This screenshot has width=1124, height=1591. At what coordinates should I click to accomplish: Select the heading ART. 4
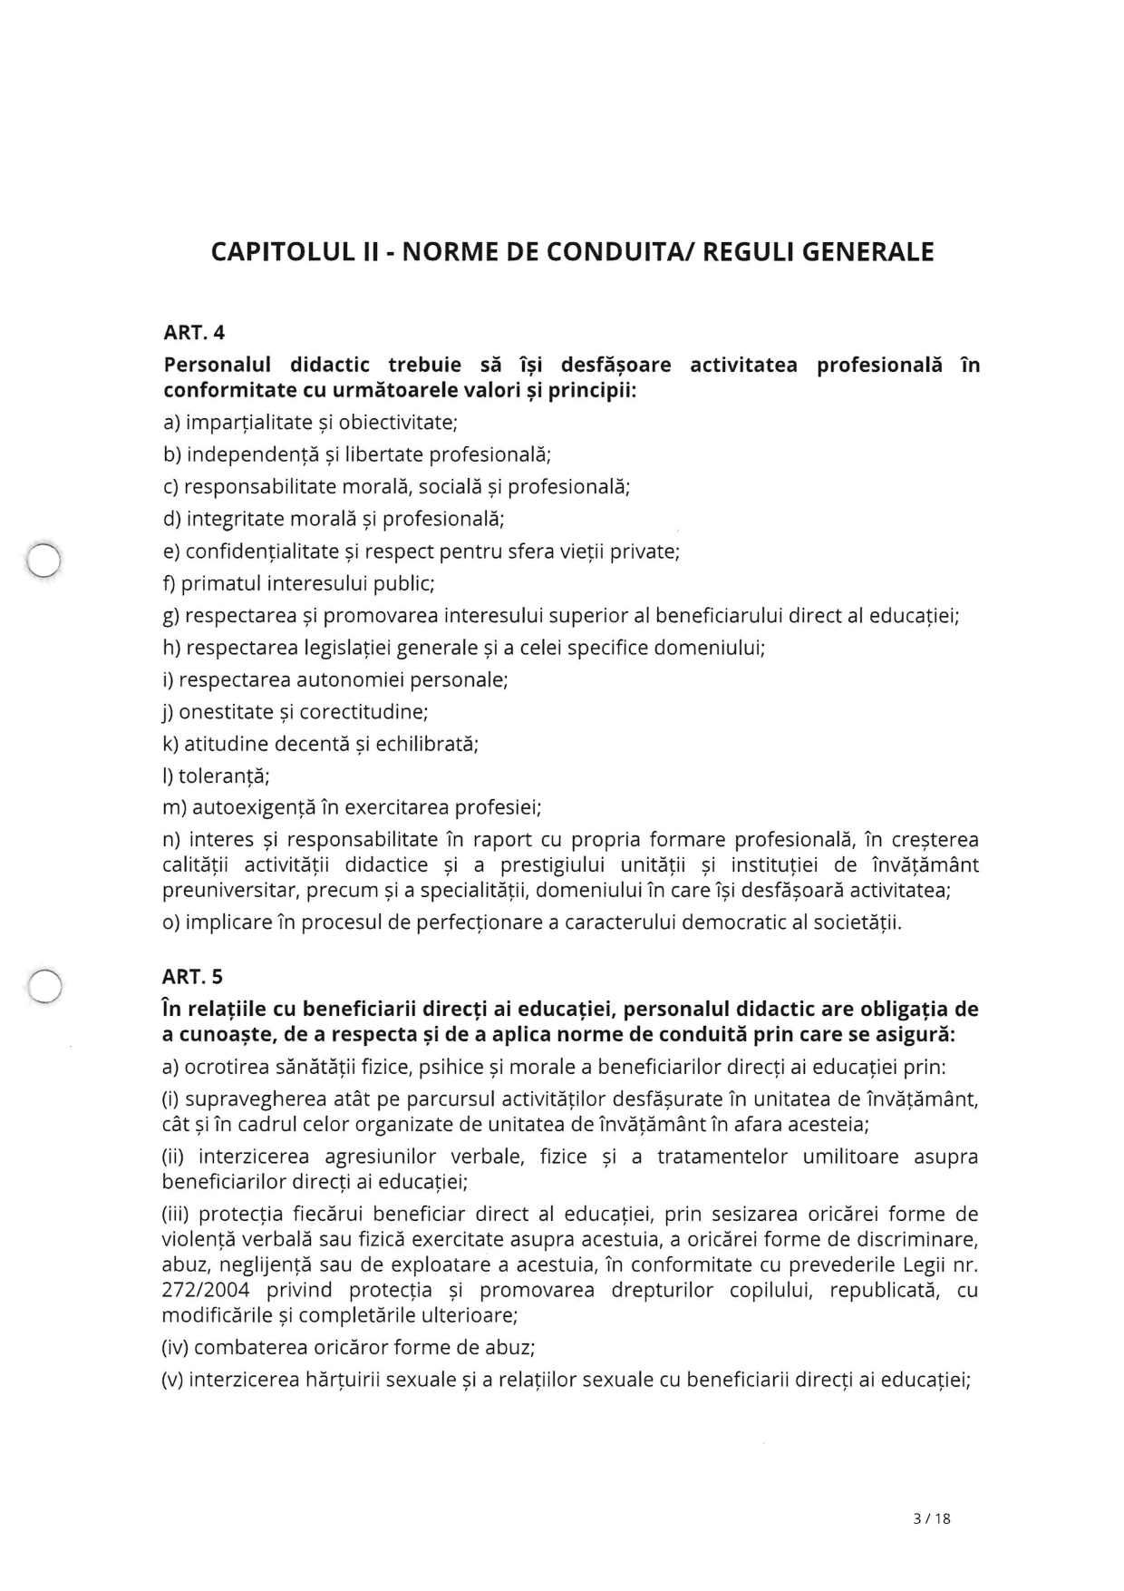pos(194,333)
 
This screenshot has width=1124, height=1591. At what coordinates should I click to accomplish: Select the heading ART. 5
pos(192,977)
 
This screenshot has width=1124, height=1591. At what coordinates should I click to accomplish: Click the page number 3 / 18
pos(932,1518)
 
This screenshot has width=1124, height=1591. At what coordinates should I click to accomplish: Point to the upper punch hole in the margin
pos(43,560)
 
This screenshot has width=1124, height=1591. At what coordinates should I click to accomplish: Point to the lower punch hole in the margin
pos(44,985)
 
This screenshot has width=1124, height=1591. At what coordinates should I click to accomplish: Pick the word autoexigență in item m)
pos(250,808)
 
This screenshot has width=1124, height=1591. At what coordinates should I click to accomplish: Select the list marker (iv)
pos(175,1348)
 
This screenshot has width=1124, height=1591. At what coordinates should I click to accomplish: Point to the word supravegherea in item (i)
pos(247,1100)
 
